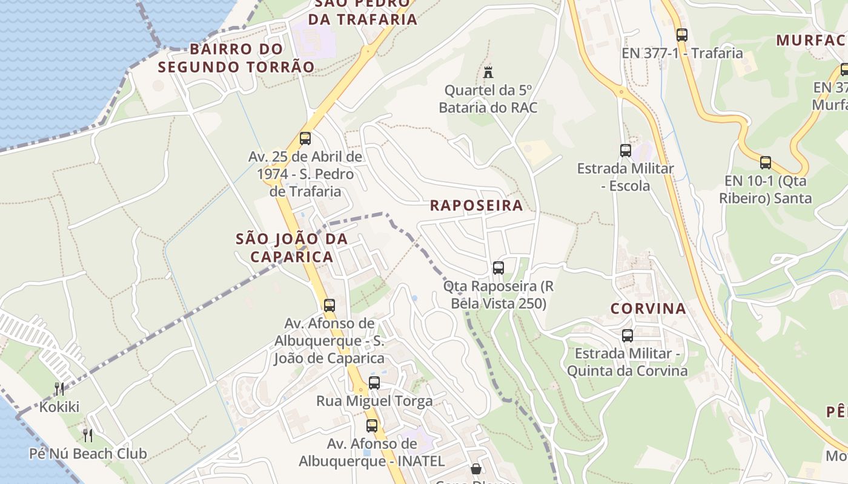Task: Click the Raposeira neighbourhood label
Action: click(476, 205)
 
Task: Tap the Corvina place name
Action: click(648, 309)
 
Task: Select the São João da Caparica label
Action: click(292, 247)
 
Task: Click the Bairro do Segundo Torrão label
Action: click(236, 58)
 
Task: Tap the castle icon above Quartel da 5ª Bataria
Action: click(488, 72)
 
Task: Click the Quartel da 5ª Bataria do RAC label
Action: click(488, 99)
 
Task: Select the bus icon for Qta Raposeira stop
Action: click(499, 267)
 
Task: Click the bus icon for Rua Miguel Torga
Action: click(374, 382)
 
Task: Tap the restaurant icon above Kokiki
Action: click(59, 388)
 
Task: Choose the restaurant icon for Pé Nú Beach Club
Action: click(88, 435)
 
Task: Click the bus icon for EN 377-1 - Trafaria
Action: click(682, 35)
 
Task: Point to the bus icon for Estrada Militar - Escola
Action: click(626, 150)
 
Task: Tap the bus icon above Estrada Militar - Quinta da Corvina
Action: click(628, 335)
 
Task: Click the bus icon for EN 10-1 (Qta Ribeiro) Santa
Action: click(766, 162)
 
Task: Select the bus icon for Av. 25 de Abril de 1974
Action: click(305, 138)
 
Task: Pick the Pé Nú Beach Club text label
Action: click(88, 453)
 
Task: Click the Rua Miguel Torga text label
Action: click(374, 401)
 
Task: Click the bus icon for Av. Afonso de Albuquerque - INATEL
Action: click(372, 425)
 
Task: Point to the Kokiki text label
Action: click(59, 407)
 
